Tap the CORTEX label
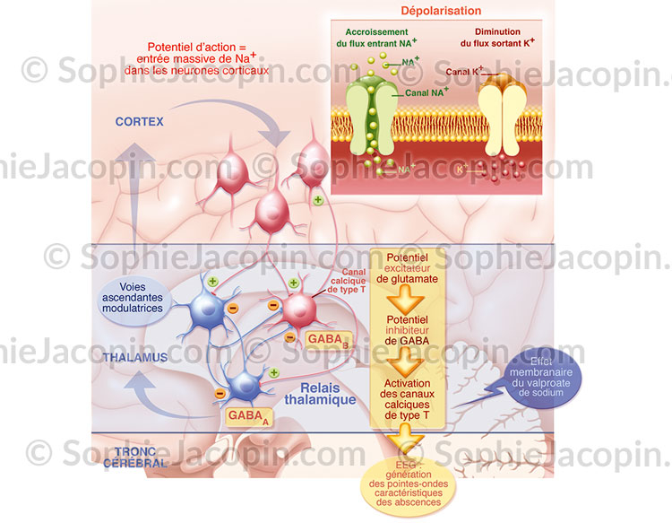click(139, 120)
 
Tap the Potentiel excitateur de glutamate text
click(408, 268)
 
